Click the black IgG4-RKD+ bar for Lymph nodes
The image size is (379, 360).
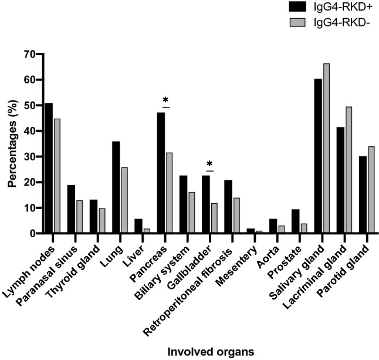tap(49, 169)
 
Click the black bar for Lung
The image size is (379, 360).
tap(116, 187)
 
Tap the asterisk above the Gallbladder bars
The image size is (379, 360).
tap(210, 164)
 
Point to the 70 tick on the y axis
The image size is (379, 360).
tap(37, 54)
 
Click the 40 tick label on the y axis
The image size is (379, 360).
tap(27, 131)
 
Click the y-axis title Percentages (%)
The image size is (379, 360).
tap(11, 144)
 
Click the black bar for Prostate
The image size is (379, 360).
tap(295, 221)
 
